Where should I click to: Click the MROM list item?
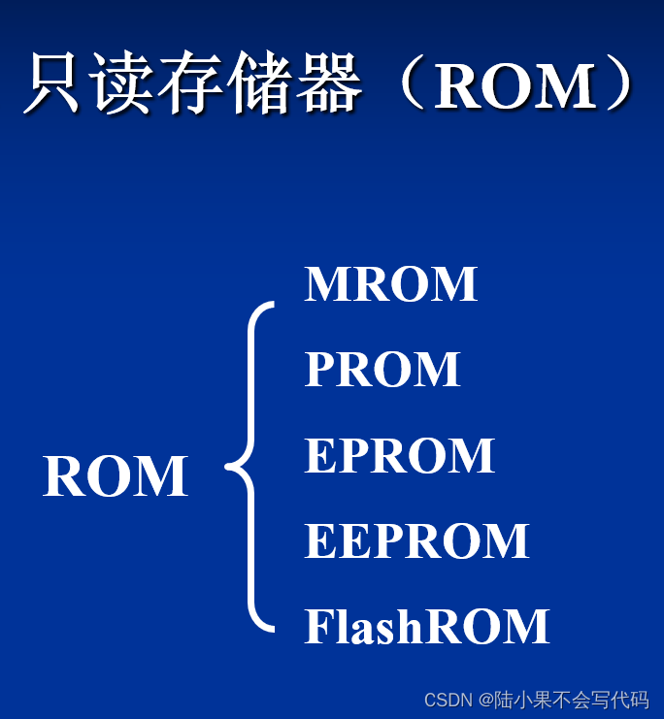390,284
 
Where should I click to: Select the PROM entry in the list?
382,370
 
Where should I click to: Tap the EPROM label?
399,455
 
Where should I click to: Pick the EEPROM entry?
416,541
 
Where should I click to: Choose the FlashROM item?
427,627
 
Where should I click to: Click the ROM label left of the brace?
115,476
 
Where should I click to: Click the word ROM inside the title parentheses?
515,86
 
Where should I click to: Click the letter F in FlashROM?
316,627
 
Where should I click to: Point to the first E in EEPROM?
319,541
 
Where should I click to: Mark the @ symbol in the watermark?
482,700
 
